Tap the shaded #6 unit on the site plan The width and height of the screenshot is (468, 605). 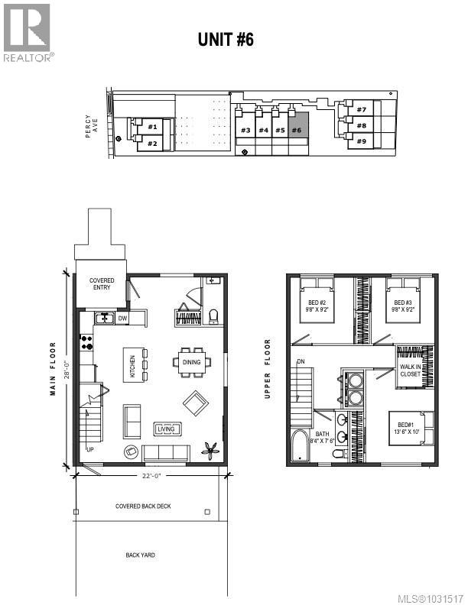click(298, 130)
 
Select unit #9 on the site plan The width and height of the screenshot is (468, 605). click(361, 141)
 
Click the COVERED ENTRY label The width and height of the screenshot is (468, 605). click(102, 284)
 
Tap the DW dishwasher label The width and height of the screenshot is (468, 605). click(122, 318)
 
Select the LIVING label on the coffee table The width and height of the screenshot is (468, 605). click(166, 429)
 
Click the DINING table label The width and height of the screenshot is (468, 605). click(193, 363)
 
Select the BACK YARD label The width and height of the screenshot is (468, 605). click(140, 555)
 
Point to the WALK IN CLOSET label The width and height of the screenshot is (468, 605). click(411, 371)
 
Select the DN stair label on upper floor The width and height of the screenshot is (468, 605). click(301, 361)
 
